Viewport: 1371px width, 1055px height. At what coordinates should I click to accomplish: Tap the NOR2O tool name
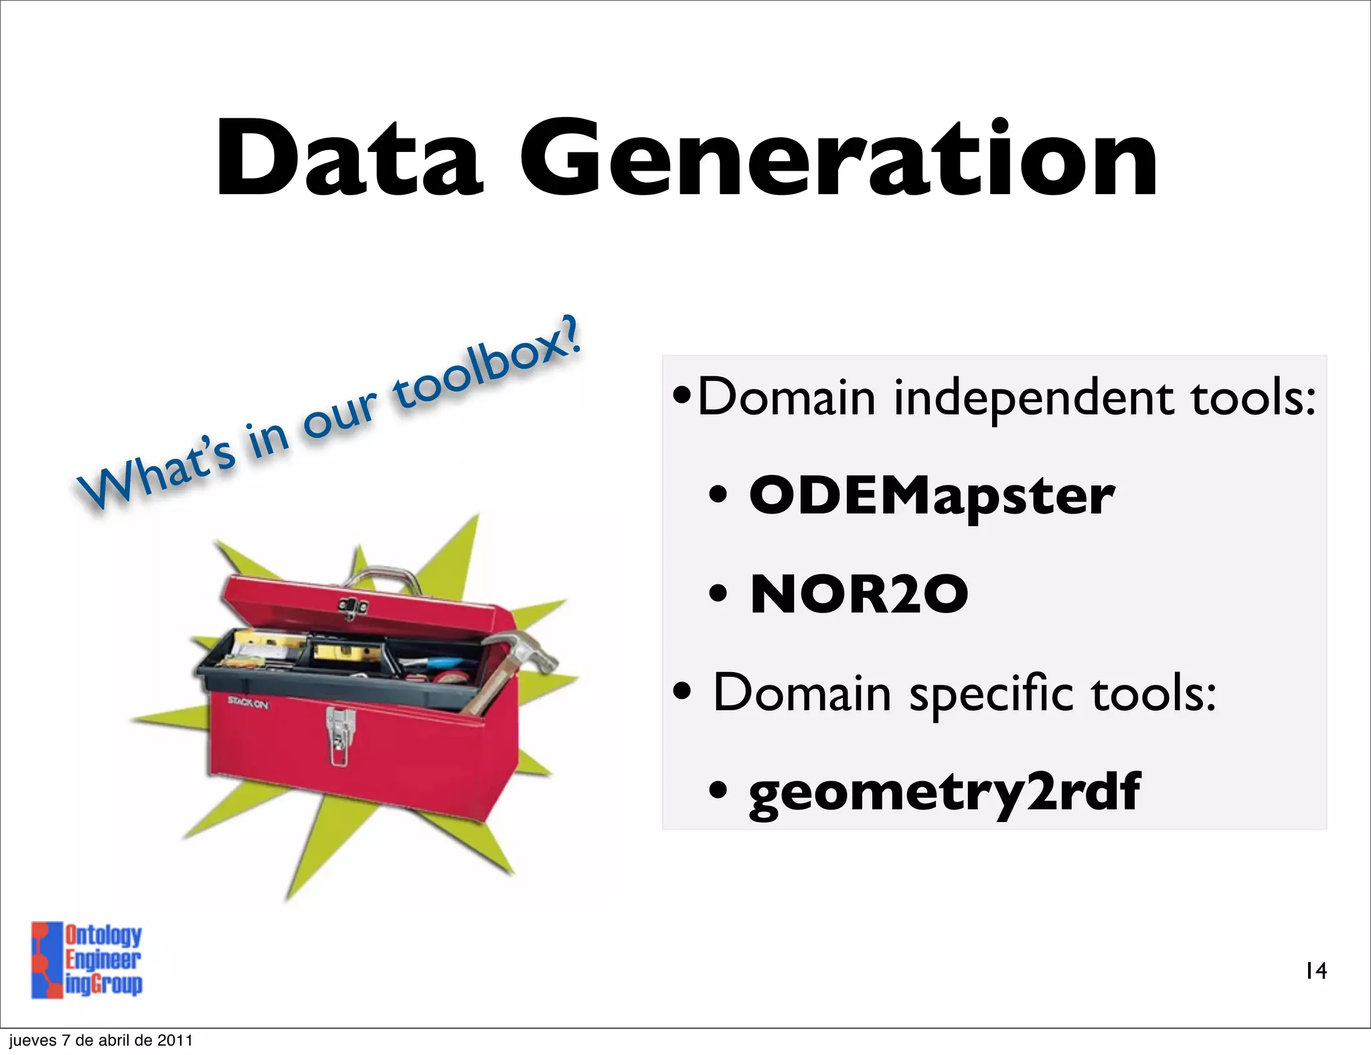point(859,594)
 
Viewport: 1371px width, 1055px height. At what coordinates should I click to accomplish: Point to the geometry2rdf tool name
point(944,792)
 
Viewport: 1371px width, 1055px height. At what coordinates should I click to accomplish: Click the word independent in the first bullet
point(1034,398)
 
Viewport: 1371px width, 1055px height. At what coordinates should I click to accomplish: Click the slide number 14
point(1316,971)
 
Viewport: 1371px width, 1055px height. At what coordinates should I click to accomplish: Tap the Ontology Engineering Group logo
point(87,960)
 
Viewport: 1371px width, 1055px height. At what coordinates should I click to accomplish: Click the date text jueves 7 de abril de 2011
point(100,1040)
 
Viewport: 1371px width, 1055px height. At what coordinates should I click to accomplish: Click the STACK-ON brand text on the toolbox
point(248,702)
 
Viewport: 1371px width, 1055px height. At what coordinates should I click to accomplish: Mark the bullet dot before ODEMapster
point(718,496)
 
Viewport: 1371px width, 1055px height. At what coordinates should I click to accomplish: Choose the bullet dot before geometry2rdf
point(718,791)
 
